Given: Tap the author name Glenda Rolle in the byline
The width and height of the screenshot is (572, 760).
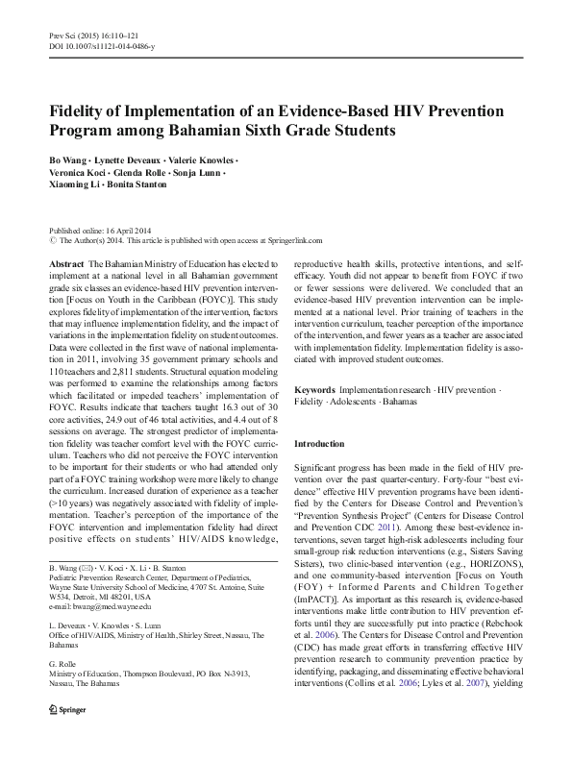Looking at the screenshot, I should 142,172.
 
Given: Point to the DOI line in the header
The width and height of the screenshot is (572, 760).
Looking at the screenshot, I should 97,45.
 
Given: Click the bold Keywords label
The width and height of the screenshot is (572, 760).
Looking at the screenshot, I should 314,390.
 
